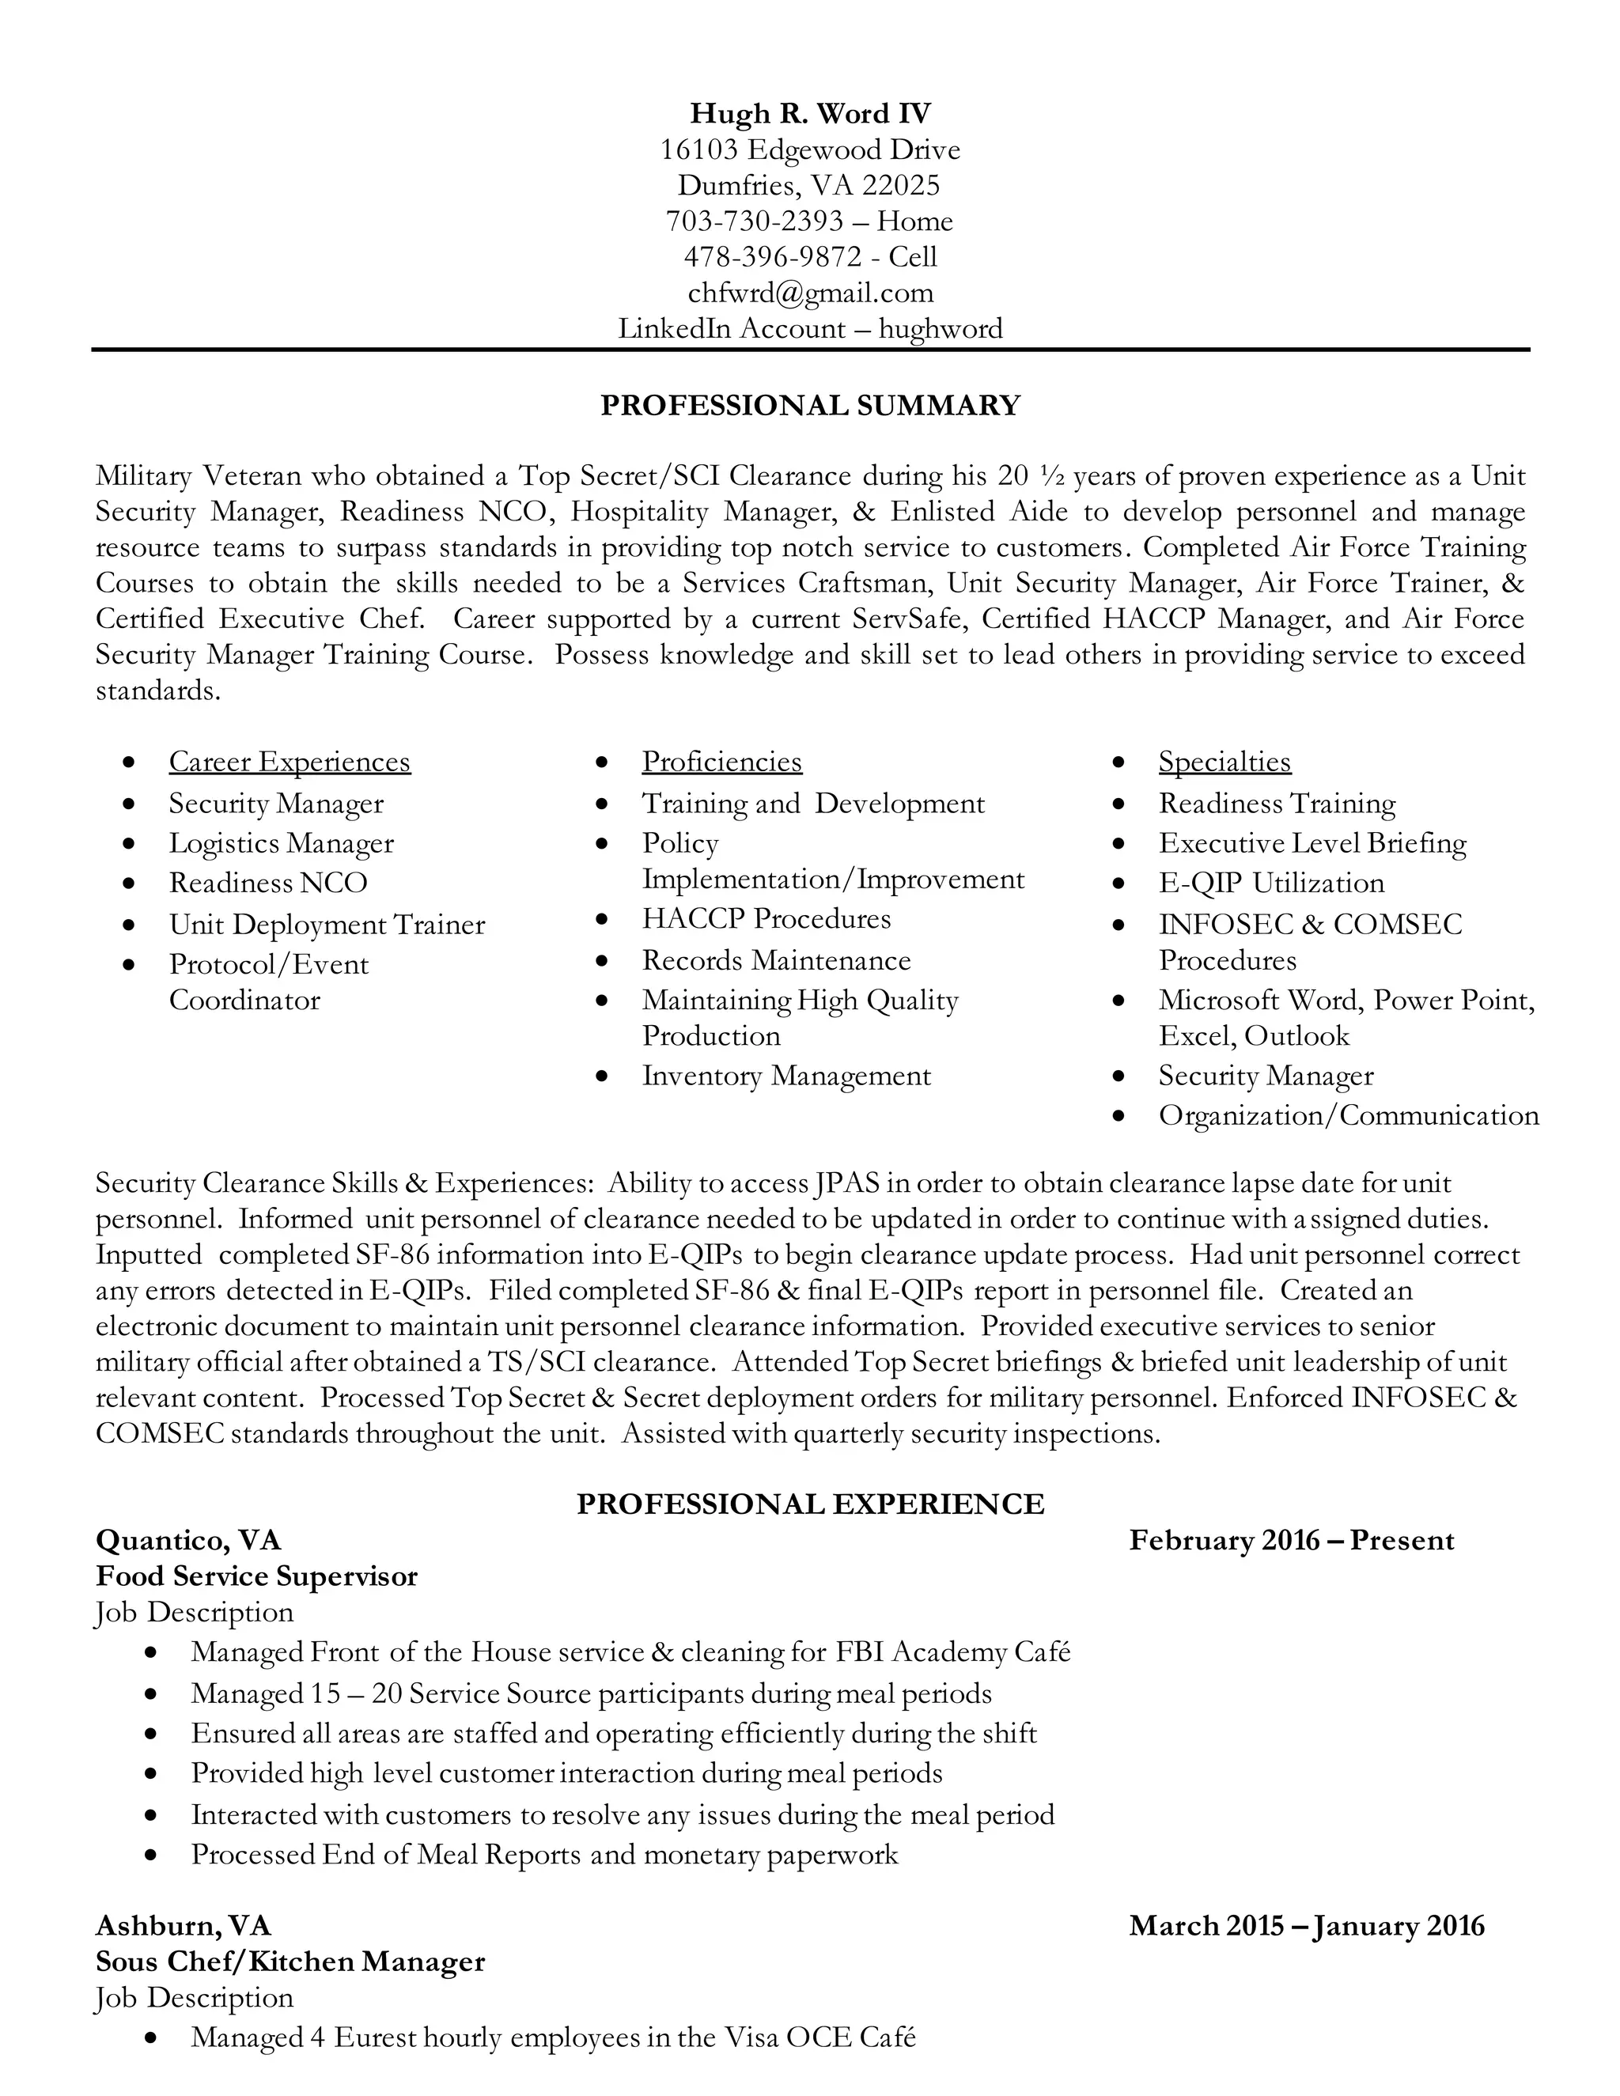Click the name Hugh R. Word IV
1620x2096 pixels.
810,113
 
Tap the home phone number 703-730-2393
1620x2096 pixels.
755,221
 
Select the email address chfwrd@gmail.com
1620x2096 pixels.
810,293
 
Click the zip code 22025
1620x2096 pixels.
900,185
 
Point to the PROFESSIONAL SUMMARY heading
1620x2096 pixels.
810,405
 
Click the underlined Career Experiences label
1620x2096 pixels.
289,761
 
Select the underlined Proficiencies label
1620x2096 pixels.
721,761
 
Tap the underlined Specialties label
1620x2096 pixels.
1224,761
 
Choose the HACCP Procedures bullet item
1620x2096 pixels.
766,918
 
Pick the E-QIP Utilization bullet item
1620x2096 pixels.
1270,883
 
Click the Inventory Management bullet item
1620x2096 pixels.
786,1076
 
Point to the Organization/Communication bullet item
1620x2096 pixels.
1349,1115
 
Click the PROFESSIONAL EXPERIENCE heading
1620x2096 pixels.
810,1503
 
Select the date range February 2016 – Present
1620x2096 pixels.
1292,1540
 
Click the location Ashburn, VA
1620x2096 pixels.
184,1925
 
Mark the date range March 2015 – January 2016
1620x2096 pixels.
1307,1925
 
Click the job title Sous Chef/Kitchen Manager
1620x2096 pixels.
290,1961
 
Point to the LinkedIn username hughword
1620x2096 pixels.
941,328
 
